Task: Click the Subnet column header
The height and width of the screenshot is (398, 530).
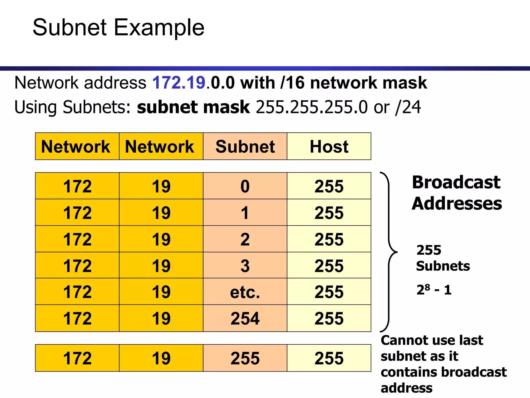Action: coord(245,147)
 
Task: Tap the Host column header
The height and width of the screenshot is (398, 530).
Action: coord(329,147)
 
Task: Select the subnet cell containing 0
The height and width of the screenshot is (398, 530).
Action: coord(245,186)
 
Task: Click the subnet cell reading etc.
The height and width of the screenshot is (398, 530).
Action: coord(245,292)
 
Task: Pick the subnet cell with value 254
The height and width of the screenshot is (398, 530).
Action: coord(245,318)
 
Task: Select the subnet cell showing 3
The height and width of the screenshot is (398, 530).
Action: coord(245,266)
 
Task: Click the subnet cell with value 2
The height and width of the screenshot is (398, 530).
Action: coord(245,239)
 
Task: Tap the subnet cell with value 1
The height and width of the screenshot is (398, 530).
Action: coord(245,213)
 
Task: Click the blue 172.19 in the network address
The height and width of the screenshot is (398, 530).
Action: coord(179,83)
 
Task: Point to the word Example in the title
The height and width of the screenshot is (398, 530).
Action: coord(159,27)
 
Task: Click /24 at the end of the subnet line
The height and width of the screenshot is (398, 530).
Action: coord(408,107)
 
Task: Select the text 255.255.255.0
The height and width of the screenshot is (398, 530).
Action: coord(312,107)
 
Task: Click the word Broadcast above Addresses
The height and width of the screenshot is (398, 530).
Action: coord(456,182)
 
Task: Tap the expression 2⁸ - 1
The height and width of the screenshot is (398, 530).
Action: coord(434,290)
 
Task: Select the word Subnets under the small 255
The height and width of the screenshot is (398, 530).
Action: coord(443,266)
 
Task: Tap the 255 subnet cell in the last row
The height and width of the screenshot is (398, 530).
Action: coord(245,358)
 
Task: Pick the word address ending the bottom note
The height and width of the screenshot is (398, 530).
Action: coord(407,388)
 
